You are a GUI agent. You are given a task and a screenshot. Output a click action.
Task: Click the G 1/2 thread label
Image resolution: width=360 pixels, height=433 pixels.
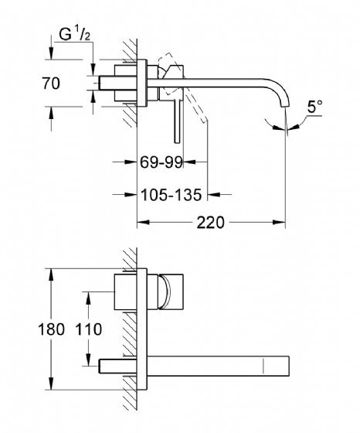click(74, 35)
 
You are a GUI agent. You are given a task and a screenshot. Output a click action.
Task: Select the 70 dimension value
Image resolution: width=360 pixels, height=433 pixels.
click(51, 84)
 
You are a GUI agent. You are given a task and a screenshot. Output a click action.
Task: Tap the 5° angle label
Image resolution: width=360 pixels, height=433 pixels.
click(314, 107)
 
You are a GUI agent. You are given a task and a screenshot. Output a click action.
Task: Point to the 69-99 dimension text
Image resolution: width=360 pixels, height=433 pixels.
click(161, 162)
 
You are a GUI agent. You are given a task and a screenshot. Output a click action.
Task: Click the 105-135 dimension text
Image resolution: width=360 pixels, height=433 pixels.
click(172, 195)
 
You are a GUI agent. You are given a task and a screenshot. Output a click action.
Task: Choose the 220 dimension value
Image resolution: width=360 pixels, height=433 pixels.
click(210, 223)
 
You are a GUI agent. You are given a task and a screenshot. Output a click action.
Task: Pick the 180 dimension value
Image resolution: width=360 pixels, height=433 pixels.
click(51, 329)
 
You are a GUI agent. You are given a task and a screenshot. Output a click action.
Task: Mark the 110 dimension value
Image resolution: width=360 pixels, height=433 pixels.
click(89, 329)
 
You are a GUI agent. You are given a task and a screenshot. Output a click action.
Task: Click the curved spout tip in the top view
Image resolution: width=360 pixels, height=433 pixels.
click(285, 106)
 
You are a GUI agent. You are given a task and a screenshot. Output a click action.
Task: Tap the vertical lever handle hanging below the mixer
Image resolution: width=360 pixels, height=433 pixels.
click(178, 121)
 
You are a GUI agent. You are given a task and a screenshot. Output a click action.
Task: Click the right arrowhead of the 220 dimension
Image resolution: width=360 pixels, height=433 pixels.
click(279, 223)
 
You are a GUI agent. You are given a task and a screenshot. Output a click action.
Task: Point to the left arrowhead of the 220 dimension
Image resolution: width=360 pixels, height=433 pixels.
click(144, 223)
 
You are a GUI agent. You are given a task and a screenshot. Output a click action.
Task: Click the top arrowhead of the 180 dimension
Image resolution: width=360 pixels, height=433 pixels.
click(51, 274)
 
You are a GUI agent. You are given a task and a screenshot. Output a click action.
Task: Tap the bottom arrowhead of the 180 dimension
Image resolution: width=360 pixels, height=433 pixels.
click(51, 384)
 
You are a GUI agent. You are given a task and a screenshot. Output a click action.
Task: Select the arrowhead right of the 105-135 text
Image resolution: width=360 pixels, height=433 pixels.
click(214, 195)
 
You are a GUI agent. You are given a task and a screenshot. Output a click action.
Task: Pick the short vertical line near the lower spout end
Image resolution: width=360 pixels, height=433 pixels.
click(263, 367)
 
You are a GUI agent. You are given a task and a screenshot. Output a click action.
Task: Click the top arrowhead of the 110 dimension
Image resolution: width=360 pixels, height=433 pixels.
click(89, 298)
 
